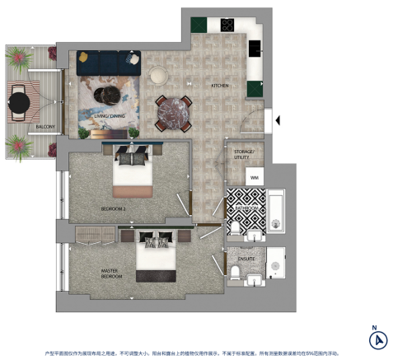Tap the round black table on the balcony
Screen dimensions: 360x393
(19, 101)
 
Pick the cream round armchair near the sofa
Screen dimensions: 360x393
(157, 73)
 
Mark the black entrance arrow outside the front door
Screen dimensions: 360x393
(278, 121)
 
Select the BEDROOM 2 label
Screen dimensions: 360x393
(113, 209)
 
